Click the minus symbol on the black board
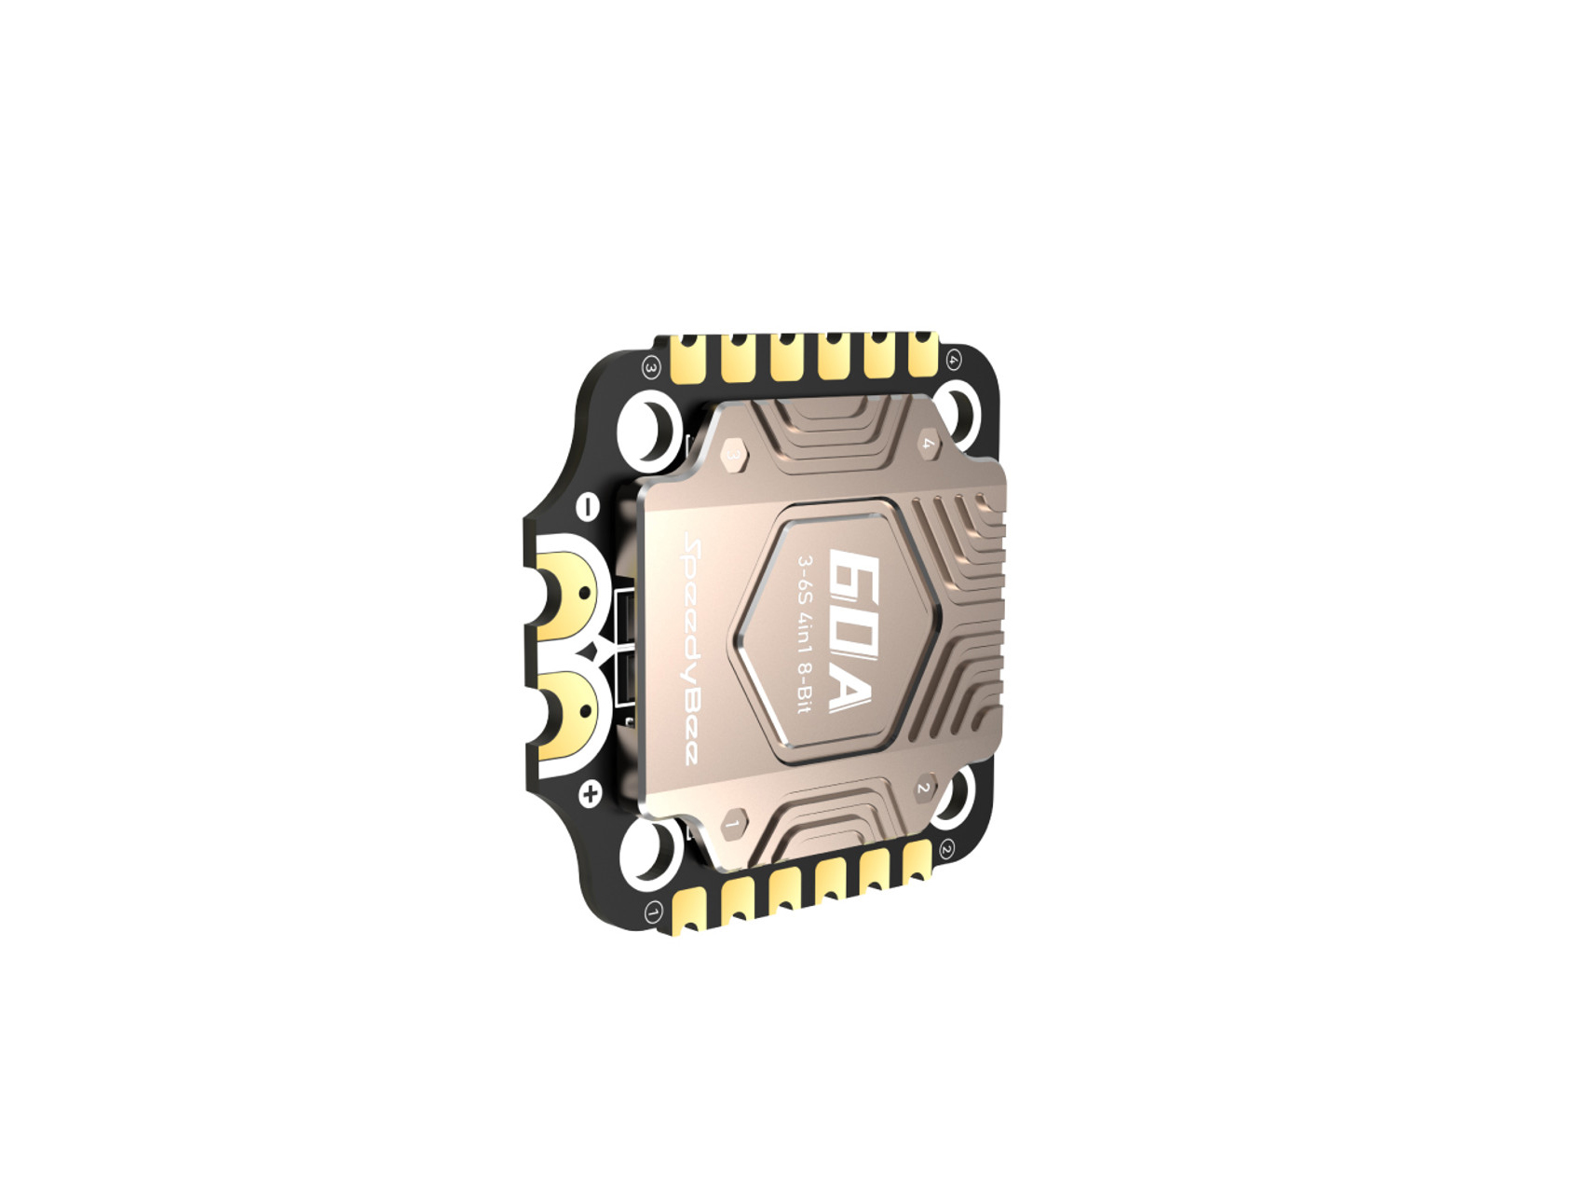point(588,507)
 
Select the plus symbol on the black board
point(590,795)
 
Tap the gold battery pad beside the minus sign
point(568,594)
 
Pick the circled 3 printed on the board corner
point(651,368)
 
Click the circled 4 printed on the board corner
point(953,360)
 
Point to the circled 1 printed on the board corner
point(654,912)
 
